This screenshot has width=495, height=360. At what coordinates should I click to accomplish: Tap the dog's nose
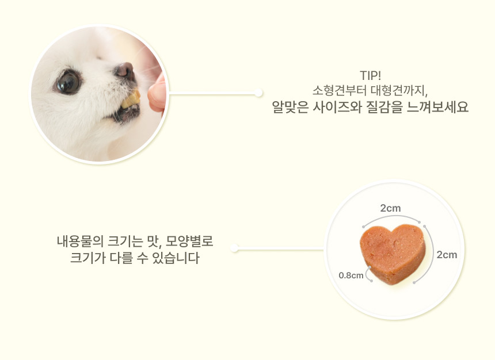pyautogui.click(x=125, y=70)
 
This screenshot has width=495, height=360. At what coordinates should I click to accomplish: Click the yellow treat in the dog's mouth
pyautogui.click(x=131, y=99)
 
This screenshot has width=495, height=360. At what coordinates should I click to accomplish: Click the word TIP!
pyautogui.click(x=370, y=76)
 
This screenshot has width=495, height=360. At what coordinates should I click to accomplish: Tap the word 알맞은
pyautogui.click(x=290, y=107)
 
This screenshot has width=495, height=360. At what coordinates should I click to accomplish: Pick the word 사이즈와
pyautogui.click(x=337, y=107)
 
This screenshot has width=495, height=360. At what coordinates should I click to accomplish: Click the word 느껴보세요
pyautogui.click(x=437, y=107)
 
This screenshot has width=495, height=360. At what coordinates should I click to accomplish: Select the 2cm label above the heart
pyautogui.click(x=390, y=208)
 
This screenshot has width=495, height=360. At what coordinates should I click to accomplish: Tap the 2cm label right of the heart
pyautogui.click(x=447, y=255)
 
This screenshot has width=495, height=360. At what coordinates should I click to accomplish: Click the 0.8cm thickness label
pyautogui.click(x=351, y=275)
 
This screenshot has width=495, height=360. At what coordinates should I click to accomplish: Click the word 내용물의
pyautogui.click(x=80, y=242)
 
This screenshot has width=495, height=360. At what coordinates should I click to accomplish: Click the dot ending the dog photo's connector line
pyautogui.click(x=258, y=93)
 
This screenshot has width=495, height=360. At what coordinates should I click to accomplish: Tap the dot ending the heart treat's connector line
pyautogui.click(x=234, y=248)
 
